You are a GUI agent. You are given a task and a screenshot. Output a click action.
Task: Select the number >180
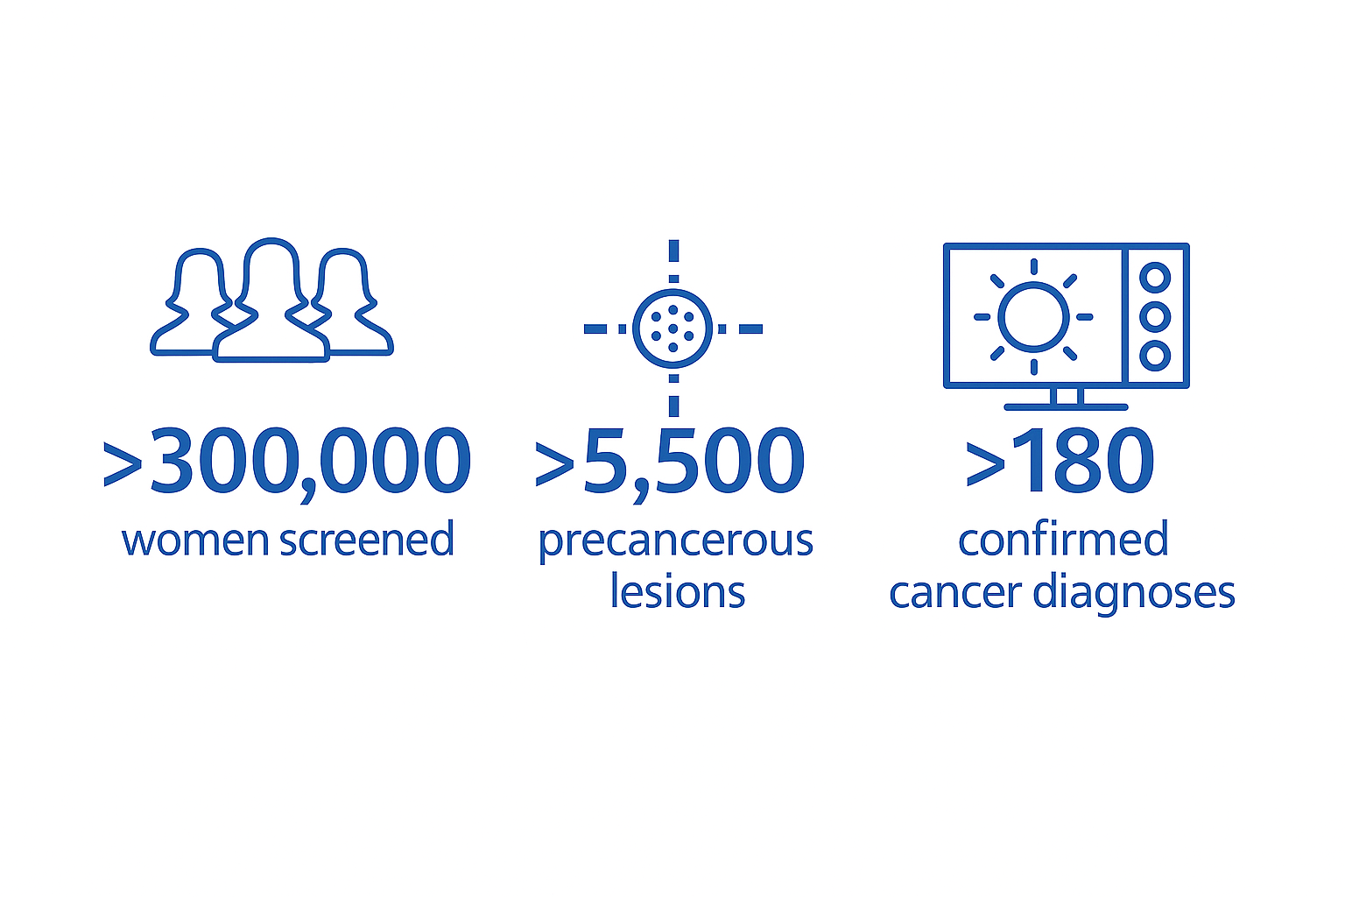1060,460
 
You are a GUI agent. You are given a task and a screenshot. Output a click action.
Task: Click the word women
195,540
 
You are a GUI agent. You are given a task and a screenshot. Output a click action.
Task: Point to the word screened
367,539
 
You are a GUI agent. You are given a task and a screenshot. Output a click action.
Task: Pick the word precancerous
676,542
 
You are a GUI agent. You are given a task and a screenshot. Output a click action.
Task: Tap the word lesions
678,591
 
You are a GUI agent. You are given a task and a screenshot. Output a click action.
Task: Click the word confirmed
1063,539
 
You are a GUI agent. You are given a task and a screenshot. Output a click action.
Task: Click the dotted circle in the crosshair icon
673,328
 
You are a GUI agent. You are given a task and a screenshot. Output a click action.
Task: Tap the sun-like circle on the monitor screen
1033,316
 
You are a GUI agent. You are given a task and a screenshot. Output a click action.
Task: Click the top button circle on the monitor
1155,278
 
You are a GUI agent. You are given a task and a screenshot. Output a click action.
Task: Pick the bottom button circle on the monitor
1155,356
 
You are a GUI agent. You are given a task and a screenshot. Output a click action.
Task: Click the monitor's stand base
1066,407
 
